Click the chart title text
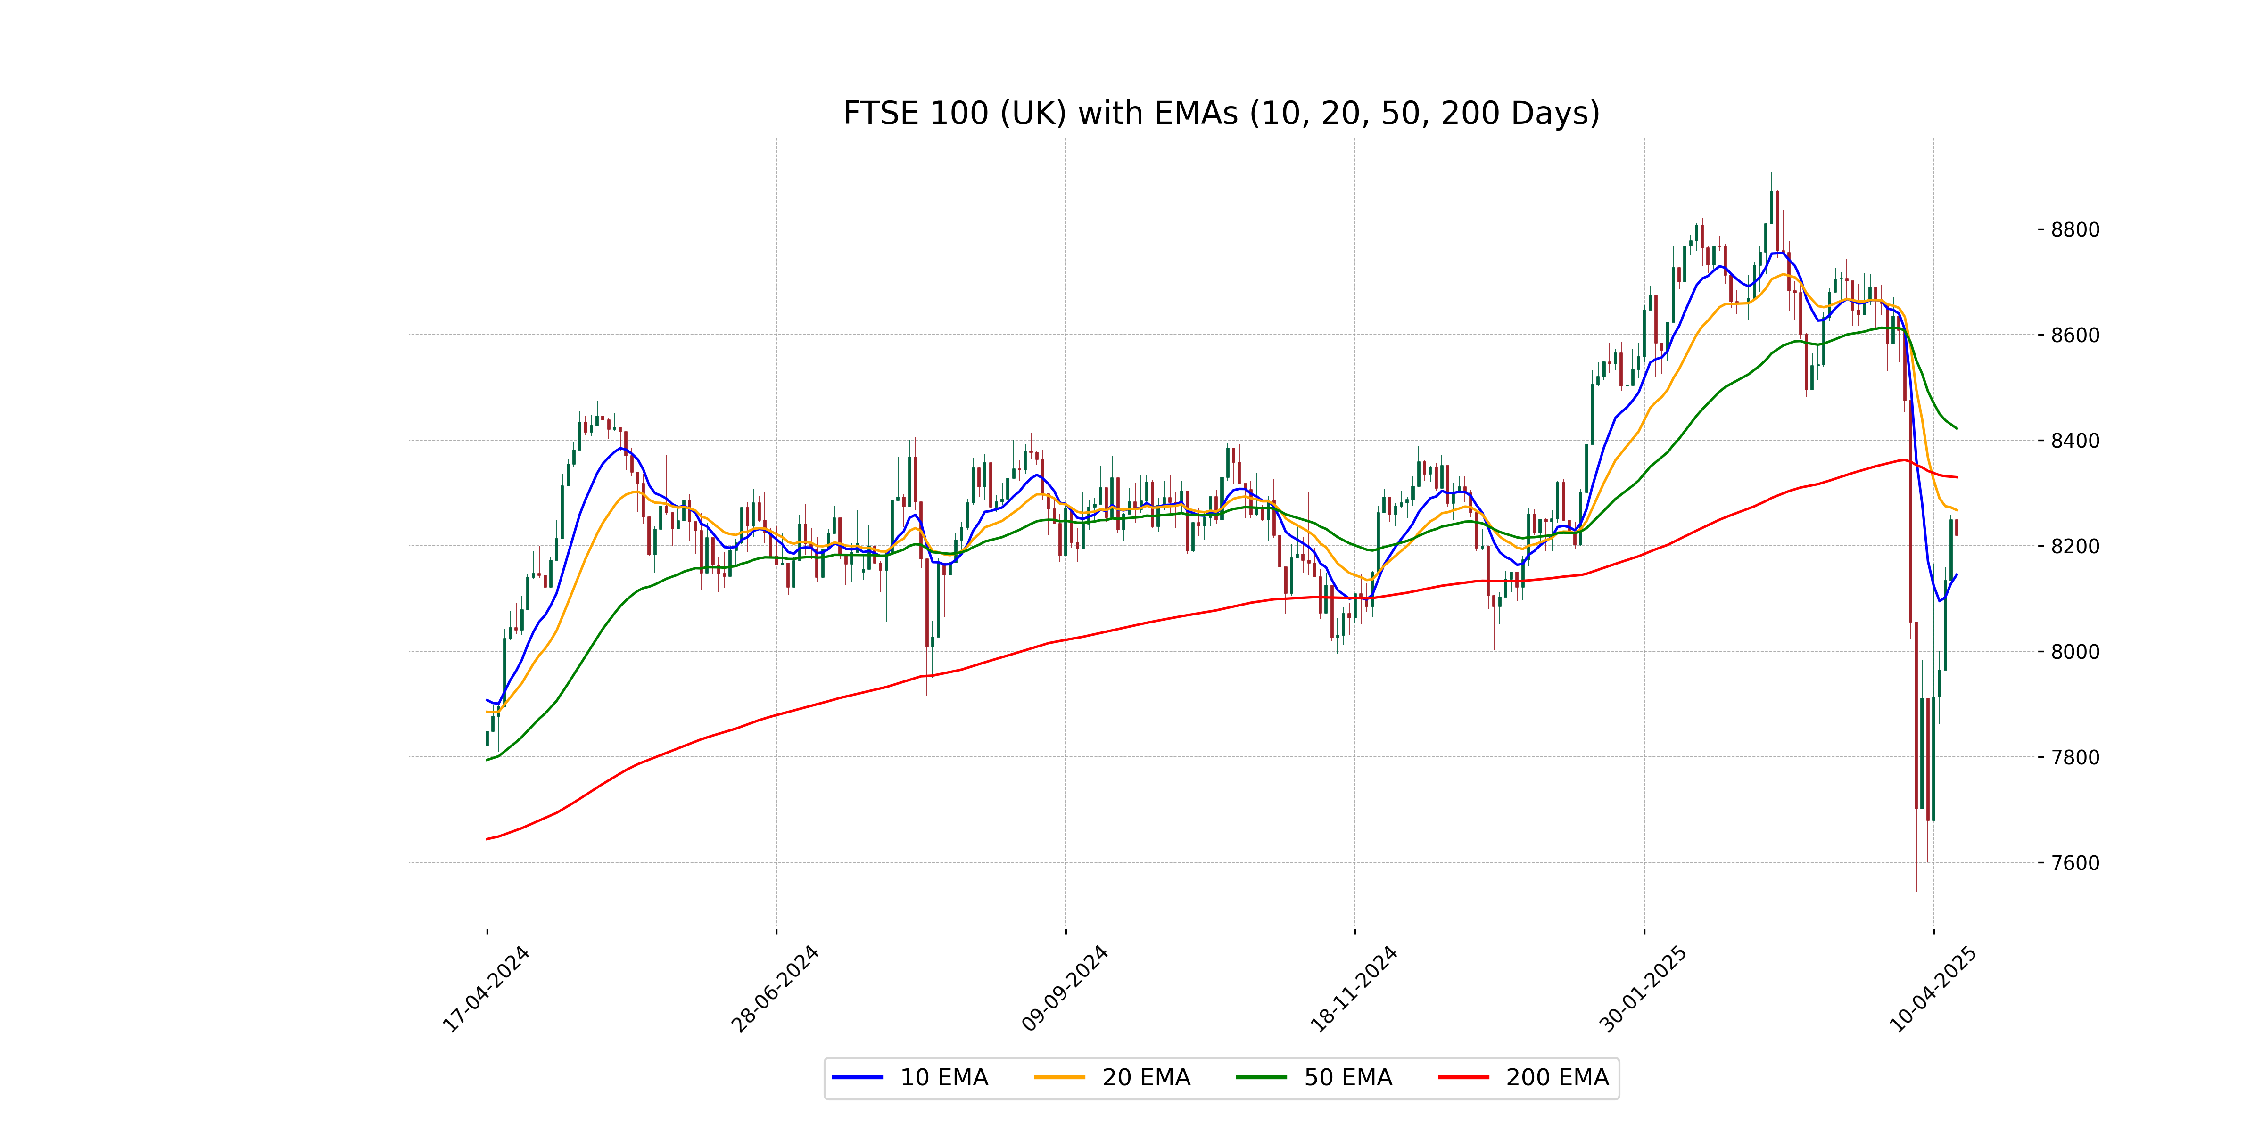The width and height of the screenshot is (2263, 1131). (x=1221, y=113)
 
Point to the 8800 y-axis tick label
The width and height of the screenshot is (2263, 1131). (x=2075, y=230)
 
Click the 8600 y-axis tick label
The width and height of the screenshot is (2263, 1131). (x=2075, y=336)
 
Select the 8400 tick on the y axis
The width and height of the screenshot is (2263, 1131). (x=2075, y=441)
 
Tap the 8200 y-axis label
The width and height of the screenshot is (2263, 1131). (x=2075, y=546)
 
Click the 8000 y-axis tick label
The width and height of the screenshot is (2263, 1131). (x=2075, y=652)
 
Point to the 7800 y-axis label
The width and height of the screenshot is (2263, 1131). (x=2075, y=757)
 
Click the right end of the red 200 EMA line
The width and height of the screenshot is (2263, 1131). (x=1957, y=477)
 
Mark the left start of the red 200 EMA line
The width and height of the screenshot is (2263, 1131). (x=487, y=839)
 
